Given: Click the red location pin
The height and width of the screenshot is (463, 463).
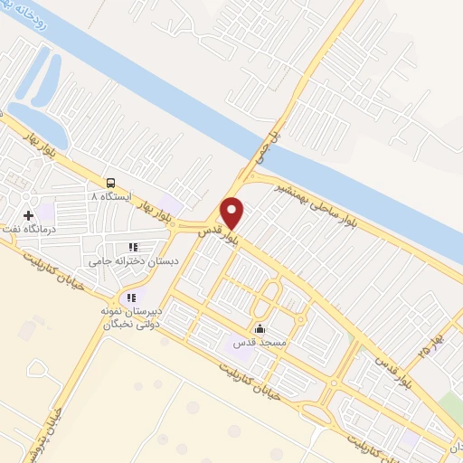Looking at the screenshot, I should tap(232, 212).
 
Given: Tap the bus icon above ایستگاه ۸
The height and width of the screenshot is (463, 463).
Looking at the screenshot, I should tap(110, 182).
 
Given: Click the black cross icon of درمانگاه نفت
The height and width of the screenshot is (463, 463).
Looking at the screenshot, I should tap(29, 216).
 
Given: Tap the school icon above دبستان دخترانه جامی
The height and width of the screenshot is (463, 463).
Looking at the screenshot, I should tap(133, 246).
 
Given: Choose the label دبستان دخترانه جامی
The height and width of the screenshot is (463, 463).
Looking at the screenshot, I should tap(133, 260).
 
